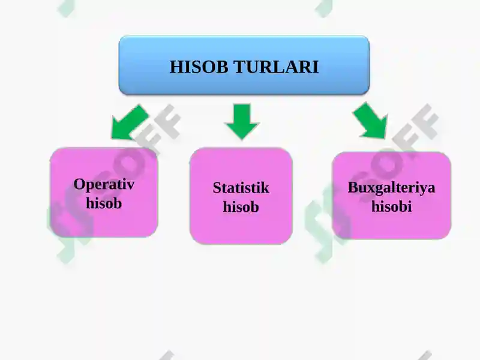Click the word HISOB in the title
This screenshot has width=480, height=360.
click(199, 67)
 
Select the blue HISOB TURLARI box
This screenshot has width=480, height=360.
click(244, 65)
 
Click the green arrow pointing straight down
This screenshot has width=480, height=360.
click(242, 122)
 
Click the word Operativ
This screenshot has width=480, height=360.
click(104, 185)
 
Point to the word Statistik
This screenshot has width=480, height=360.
click(241, 188)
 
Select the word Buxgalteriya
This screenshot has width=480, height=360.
click(391, 188)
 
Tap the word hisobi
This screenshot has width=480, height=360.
click(392, 206)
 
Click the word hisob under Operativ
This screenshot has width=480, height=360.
click(104, 203)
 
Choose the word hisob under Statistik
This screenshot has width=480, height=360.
click(241, 206)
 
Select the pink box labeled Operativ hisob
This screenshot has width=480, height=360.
click(104, 193)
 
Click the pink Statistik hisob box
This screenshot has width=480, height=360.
click(241, 196)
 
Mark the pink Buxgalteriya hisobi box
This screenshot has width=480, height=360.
click(392, 196)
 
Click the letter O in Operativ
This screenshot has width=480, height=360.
click(80, 184)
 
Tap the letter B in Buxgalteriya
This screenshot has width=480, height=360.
click(353, 187)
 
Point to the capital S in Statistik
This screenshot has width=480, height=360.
click(217, 188)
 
